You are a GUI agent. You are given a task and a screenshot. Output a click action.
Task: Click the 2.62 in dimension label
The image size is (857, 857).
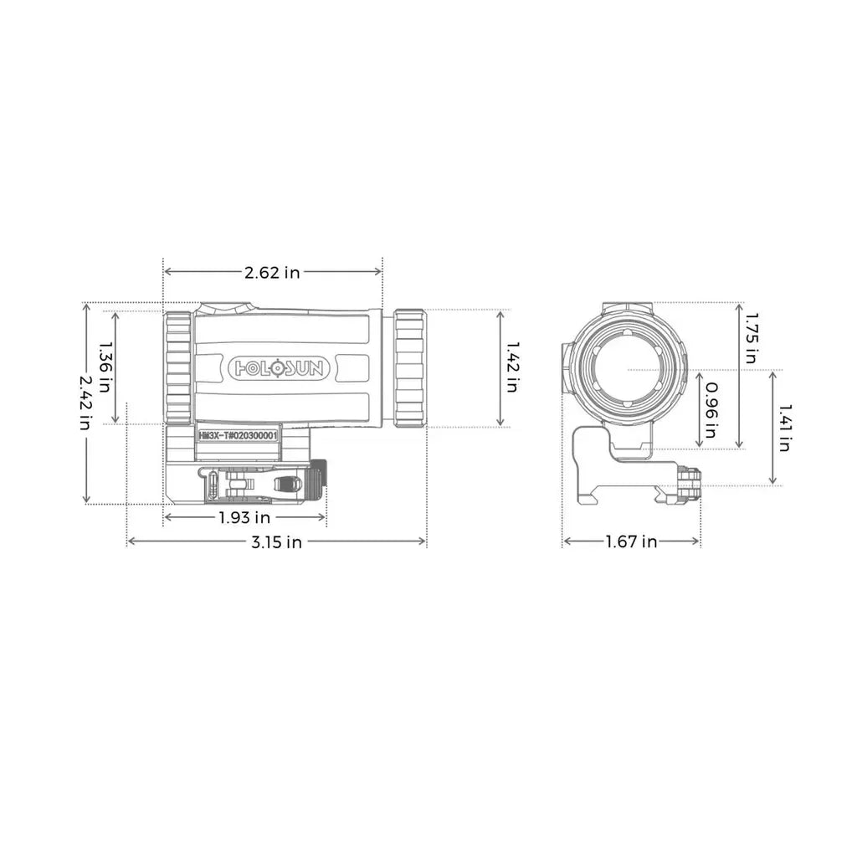click(x=272, y=271)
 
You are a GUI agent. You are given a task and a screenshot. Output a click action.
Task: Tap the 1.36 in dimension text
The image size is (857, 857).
click(x=105, y=367)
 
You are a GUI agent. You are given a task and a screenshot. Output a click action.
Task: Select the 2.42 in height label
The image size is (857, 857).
click(x=86, y=402)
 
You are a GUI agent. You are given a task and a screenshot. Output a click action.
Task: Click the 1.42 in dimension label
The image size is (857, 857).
click(x=511, y=367)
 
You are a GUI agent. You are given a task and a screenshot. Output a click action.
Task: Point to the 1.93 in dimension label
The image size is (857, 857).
click(x=244, y=518)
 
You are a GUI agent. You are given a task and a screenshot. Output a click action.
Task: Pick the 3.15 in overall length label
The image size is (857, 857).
click(x=276, y=542)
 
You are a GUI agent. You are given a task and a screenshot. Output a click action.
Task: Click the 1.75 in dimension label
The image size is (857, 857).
click(x=751, y=336)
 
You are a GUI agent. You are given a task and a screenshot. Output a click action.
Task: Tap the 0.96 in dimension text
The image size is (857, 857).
click(x=710, y=410)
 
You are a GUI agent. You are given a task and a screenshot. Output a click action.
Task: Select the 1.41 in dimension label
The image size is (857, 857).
click(x=783, y=427)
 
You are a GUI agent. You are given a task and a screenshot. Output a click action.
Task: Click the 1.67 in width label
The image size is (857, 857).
click(x=631, y=542)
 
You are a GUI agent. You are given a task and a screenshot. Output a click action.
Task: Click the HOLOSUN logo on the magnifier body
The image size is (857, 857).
click(x=280, y=367)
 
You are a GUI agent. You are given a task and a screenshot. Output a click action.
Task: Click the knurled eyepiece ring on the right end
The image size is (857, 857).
click(x=410, y=367)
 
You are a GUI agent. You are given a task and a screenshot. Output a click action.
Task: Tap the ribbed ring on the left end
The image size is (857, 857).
click(x=178, y=367)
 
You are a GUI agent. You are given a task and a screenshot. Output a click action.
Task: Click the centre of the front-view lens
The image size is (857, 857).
click(x=628, y=369)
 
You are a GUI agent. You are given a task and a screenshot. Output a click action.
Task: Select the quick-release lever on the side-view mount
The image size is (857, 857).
click(x=287, y=484)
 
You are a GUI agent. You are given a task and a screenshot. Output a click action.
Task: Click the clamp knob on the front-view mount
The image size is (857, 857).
click(x=691, y=485)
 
